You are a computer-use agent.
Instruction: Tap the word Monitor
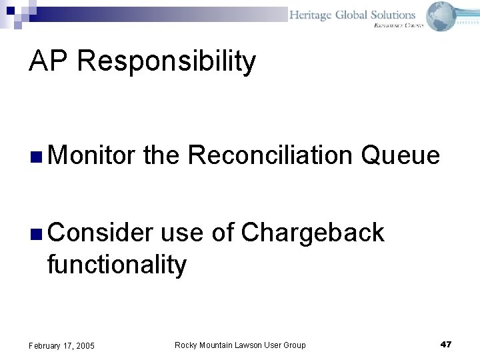point(91,155)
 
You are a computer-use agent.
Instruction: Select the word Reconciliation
point(270,155)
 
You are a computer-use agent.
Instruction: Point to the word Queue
point(400,155)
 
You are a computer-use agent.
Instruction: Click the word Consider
point(100,233)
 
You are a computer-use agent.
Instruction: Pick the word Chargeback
point(313,233)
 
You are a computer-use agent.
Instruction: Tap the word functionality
point(117,265)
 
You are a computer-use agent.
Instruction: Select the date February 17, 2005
point(61,345)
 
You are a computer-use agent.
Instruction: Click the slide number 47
point(446,344)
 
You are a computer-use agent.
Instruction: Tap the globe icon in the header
point(441,15)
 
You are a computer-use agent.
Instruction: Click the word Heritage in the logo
point(311,15)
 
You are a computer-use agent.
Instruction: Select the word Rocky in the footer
point(185,345)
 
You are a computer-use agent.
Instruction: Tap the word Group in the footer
point(294,345)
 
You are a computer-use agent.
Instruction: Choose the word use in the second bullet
point(183,233)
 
